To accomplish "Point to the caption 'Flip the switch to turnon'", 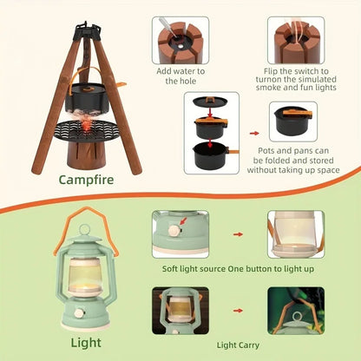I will point(295,80).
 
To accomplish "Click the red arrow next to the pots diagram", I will point(253,135).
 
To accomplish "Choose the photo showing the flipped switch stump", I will point(295,40).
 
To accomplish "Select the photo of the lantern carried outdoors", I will point(295,311).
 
